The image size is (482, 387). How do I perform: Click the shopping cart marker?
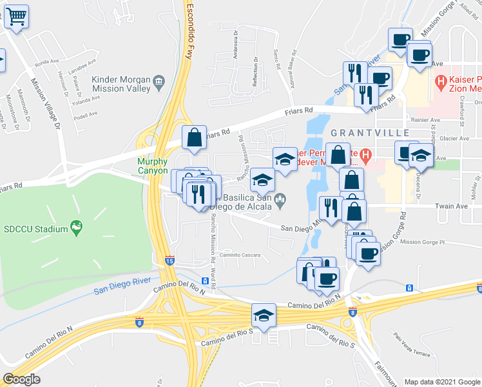[17, 17]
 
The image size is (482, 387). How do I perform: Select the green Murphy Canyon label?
[152, 166]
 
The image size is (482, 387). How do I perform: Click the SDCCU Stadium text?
[36, 229]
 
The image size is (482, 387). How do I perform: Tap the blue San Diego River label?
[122, 286]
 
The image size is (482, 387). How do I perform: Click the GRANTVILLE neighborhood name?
[371, 132]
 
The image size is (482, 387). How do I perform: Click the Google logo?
[21, 379]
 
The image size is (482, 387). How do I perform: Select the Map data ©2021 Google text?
[441, 382]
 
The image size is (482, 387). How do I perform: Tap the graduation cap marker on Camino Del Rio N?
[263, 315]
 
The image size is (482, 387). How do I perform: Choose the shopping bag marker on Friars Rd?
[193, 137]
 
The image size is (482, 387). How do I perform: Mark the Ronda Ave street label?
[47, 63]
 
